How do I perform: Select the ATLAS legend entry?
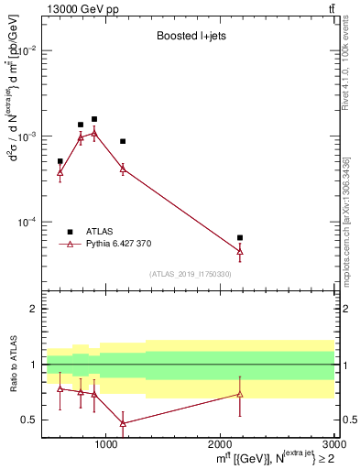point(101,232)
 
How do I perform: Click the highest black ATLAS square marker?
point(94,119)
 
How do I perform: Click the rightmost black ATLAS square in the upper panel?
point(240,237)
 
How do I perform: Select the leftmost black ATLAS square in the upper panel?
point(60,161)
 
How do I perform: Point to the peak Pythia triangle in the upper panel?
point(94,133)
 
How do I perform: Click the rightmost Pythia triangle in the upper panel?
point(240,250)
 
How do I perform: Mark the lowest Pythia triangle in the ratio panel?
point(123,423)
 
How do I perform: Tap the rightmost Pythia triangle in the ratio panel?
point(240,394)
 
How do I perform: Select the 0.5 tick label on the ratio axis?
point(29,420)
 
